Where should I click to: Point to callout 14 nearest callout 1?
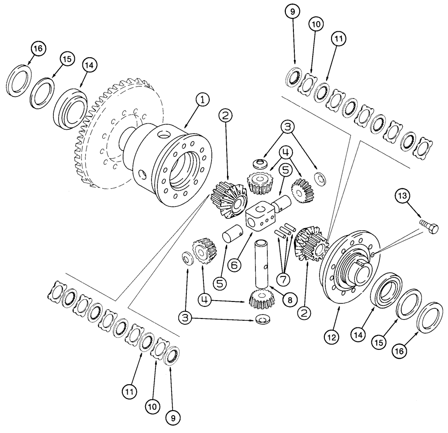tap(90, 65)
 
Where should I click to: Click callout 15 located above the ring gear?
tap(67, 60)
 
